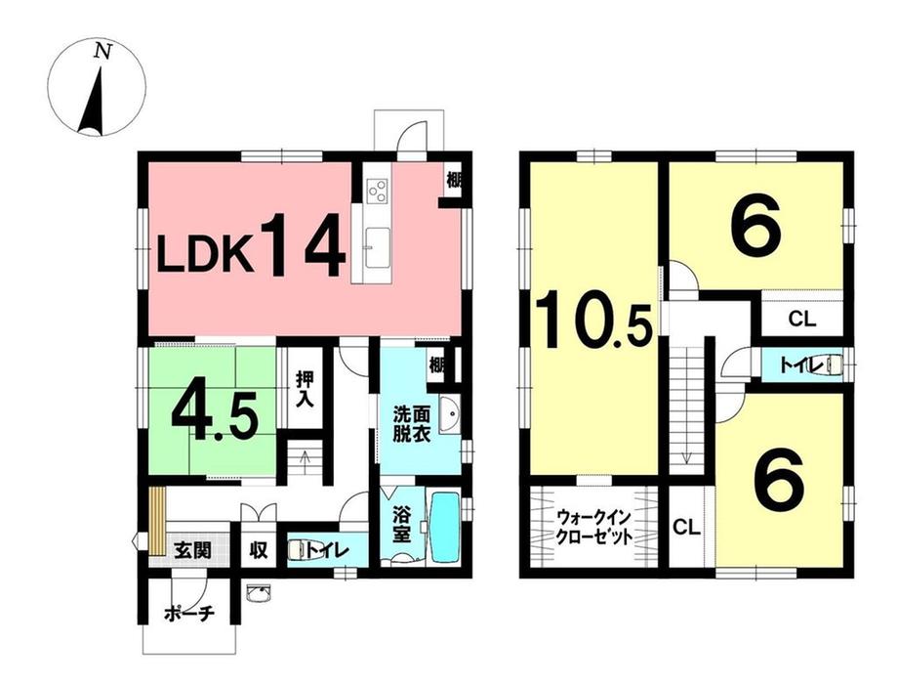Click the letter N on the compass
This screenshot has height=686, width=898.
tap(102, 52)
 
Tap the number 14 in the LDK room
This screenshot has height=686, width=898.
tap(305, 246)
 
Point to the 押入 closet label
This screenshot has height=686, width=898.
tap(305, 390)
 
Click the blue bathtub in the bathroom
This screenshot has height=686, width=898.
tap(445, 527)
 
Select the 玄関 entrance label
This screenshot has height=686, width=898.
tap(192, 549)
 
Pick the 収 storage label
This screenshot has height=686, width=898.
tap(259, 550)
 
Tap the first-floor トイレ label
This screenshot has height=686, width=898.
tap(327, 550)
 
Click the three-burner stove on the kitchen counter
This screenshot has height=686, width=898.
tap(378, 190)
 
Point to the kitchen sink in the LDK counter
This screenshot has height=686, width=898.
tap(377, 246)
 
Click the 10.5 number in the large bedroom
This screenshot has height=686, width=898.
tap(594, 321)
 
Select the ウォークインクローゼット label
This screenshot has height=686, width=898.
tap(594, 528)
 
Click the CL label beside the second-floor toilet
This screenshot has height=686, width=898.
tap(801, 319)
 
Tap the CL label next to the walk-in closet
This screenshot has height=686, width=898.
tap(686, 527)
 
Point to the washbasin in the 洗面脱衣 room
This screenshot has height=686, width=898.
tap(450, 414)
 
